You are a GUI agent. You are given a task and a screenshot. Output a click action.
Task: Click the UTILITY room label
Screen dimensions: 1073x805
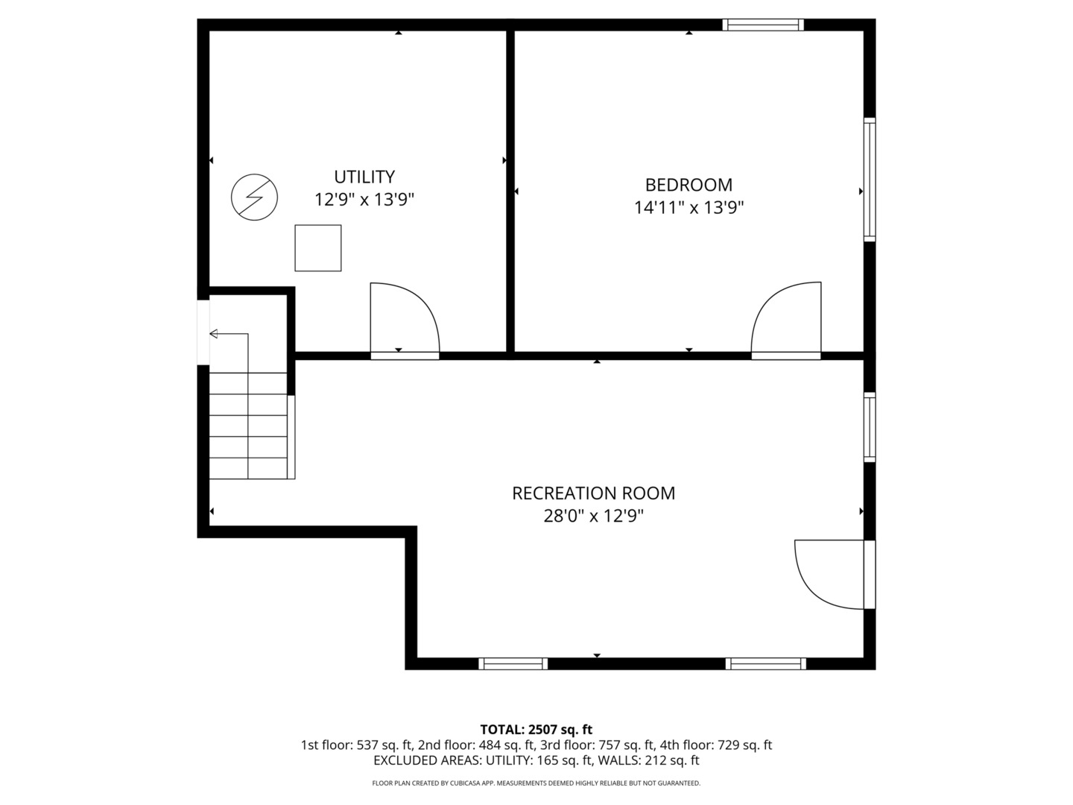pyautogui.click(x=364, y=177)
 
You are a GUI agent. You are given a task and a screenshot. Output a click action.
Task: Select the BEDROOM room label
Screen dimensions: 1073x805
pyautogui.click(x=689, y=185)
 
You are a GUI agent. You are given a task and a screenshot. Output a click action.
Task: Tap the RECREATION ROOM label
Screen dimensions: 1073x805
pyautogui.click(x=593, y=493)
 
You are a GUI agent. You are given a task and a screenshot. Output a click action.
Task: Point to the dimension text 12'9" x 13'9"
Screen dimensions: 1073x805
pyautogui.click(x=364, y=200)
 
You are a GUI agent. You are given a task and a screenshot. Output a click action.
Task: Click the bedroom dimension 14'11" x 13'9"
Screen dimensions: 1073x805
pyautogui.click(x=689, y=208)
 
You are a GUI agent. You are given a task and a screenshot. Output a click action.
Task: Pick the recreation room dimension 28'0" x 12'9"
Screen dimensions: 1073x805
pyautogui.click(x=593, y=516)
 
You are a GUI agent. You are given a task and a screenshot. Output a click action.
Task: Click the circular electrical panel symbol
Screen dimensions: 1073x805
pyautogui.click(x=254, y=197)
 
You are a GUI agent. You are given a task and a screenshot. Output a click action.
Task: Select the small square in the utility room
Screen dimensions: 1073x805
pyautogui.click(x=317, y=247)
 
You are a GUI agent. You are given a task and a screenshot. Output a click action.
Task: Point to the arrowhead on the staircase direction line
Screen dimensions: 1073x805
pyautogui.click(x=214, y=334)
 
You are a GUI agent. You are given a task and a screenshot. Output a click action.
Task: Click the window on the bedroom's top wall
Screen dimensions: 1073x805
pyautogui.click(x=763, y=25)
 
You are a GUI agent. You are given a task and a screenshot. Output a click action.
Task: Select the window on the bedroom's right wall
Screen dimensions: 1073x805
pyautogui.click(x=870, y=180)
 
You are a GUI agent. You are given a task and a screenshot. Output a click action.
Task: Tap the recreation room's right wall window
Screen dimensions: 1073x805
pyautogui.click(x=870, y=427)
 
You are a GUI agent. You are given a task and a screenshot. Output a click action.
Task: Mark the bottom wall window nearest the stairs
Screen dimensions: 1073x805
pyautogui.click(x=513, y=663)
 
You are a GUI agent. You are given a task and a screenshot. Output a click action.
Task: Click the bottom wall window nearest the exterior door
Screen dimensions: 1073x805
pyautogui.click(x=766, y=663)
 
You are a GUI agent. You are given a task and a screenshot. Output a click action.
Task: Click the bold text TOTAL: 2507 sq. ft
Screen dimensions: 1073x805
pyautogui.click(x=536, y=730)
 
